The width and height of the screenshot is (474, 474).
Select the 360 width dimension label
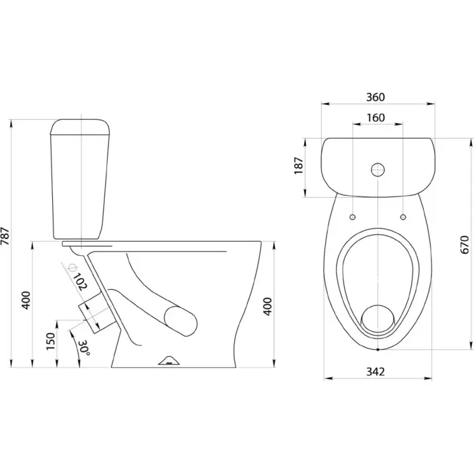[375, 97]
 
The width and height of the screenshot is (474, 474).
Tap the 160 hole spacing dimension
[376, 117]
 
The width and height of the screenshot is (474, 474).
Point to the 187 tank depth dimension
[299, 165]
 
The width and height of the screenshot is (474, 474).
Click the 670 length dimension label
[465, 244]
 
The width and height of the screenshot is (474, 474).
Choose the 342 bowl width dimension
[375, 372]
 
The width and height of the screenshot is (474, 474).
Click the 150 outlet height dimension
[51, 341]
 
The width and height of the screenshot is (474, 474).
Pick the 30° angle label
[84, 348]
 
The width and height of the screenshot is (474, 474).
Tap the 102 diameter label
[80, 281]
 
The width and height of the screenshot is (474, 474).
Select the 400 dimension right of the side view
[268, 307]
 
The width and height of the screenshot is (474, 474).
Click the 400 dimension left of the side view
[26, 300]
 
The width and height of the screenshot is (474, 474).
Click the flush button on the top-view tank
[378, 169]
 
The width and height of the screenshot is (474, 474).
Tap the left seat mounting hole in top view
[353, 217]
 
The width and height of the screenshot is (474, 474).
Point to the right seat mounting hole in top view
[403, 217]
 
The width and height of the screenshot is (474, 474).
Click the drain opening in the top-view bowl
[378, 319]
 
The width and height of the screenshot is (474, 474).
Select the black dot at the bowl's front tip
[378, 349]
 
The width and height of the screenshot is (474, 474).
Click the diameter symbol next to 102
[72, 267]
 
